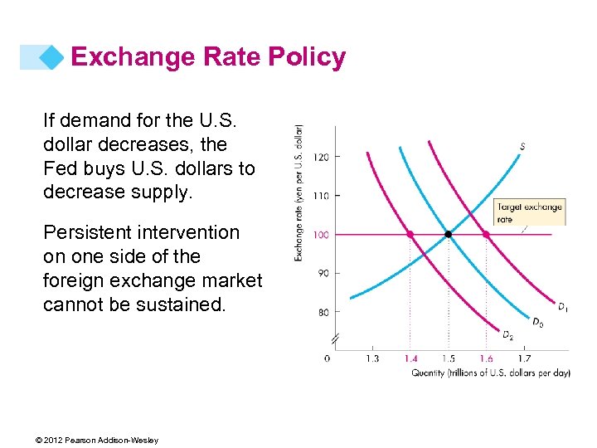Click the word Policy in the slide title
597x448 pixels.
[x=306, y=57]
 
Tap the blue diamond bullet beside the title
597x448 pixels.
[x=52, y=57]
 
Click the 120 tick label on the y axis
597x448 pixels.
[x=321, y=156]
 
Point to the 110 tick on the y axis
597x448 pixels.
[x=321, y=195]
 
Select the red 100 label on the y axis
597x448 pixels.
[x=321, y=235]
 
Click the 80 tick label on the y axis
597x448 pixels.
[x=322, y=312]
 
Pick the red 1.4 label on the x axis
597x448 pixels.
[x=410, y=358]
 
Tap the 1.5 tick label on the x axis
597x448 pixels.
[x=449, y=358]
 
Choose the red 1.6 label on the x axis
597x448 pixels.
[x=486, y=358]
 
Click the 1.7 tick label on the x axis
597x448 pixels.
[x=524, y=358]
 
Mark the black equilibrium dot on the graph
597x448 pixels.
[x=449, y=235]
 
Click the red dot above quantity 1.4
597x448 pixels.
[x=410, y=235]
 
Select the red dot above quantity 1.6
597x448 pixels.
[x=486, y=235]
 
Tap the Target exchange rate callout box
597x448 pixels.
[x=529, y=212]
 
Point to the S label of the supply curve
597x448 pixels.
[x=522, y=147]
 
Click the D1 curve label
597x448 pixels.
[x=562, y=308]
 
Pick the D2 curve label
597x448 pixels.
[x=507, y=334]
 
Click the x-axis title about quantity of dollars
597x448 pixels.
[x=491, y=373]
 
